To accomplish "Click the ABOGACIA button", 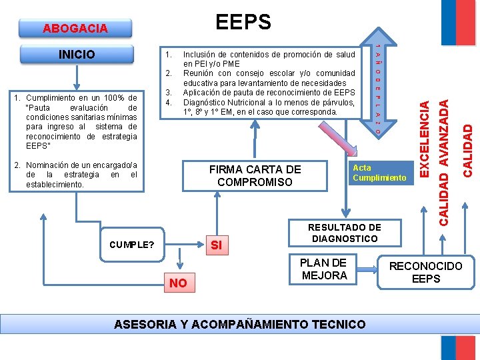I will [x=75, y=28].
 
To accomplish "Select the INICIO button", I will [x=77, y=54].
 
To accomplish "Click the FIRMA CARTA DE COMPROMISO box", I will [x=255, y=175].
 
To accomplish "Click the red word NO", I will [x=178, y=283].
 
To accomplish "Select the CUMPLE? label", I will [x=132, y=245].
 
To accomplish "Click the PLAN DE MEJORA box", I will [x=324, y=269].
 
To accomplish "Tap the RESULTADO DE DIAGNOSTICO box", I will [x=344, y=233].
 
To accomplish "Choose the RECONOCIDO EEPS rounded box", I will [x=425, y=273].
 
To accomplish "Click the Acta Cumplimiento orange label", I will [x=379, y=173].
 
